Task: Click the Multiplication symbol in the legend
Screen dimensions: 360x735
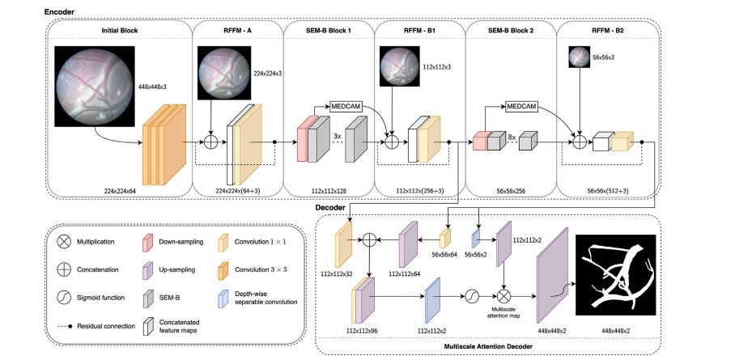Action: click(x=63, y=242)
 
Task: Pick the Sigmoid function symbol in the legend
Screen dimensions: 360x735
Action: click(x=63, y=297)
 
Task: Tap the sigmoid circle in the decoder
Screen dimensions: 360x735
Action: click(x=469, y=298)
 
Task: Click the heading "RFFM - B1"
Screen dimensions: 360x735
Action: click(x=420, y=30)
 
